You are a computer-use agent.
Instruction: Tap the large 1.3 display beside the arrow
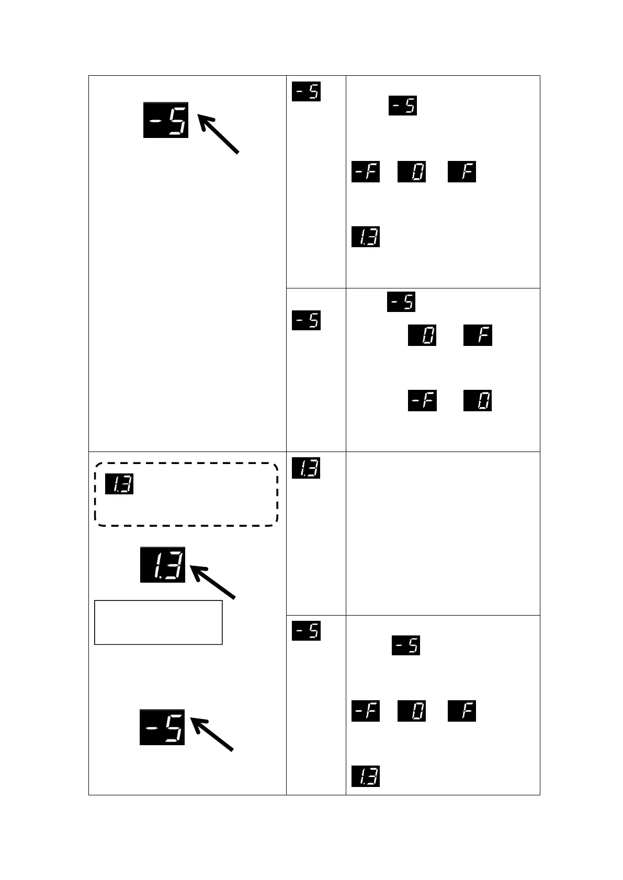pyautogui.click(x=163, y=564)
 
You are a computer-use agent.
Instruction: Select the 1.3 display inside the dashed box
pyautogui.click(x=119, y=484)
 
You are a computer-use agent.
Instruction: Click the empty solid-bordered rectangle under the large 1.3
pyautogui.click(x=158, y=622)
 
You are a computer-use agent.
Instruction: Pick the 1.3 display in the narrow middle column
pyautogui.click(x=306, y=468)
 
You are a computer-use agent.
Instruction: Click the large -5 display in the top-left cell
pyautogui.click(x=166, y=120)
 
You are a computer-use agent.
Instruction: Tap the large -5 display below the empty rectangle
pyautogui.click(x=162, y=727)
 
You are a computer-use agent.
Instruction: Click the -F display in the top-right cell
pyautogui.click(x=365, y=172)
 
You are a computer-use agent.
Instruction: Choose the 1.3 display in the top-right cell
pyautogui.click(x=365, y=237)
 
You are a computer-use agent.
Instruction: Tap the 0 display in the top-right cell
pyautogui.click(x=412, y=172)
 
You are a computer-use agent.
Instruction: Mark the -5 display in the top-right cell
pyautogui.click(x=402, y=106)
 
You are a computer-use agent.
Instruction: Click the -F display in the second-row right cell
pyautogui.click(x=422, y=401)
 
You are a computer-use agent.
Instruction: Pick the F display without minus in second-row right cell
pyautogui.click(x=478, y=335)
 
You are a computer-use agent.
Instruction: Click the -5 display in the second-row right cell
pyautogui.click(x=401, y=302)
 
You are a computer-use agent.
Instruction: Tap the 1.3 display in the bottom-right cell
pyautogui.click(x=365, y=776)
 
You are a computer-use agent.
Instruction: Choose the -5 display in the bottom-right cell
pyautogui.click(x=406, y=645)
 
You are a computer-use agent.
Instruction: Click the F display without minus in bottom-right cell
pyautogui.click(x=462, y=711)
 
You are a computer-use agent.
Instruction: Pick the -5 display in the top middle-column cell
pyautogui.click(x=306, y=91)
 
